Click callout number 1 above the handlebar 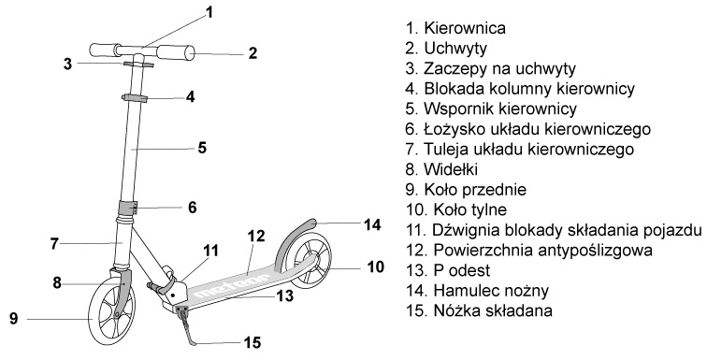pyautogui.click(x=209, y=12)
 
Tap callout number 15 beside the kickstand pyautogui.click(x=252, y=342)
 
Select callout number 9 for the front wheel pyautogui.click(x=14, y=319)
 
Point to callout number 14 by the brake pyautogui.click(x=372, y=224)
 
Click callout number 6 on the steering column pyautogui.click(x=192, y=208)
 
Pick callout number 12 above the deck pyautogui.click(x=256, y=236)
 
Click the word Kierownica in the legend pyautogui.click(x=465, y=28)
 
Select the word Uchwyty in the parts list pyautogui.click(x=455, y=49)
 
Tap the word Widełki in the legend pyautogui.click(x=451, y=169)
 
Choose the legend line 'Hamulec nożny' pyautogui.click(x=491, y=291)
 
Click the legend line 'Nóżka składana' pyautogui.click(x=493, y=310)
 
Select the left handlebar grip pyautogui.click(x=104, y=50)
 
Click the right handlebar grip pyautogui.click(x=177, y=53)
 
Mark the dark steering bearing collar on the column pyautogui.click(x=127, y=209)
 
